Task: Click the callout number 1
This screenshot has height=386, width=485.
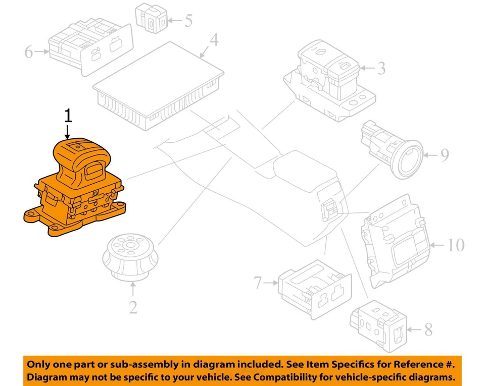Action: coord(68,116)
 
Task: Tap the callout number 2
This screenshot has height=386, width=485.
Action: coord(133,306)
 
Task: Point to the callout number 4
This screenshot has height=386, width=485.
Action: coord(214,39)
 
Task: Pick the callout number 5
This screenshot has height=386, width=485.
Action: coord(188,21)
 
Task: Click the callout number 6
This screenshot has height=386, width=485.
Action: coord(29,51)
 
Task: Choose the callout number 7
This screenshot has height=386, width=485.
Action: coord(258,284)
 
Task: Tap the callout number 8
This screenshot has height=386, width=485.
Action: coord(428,330)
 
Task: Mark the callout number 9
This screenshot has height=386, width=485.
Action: coord(444,154)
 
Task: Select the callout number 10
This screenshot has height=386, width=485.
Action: coord(456,245)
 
